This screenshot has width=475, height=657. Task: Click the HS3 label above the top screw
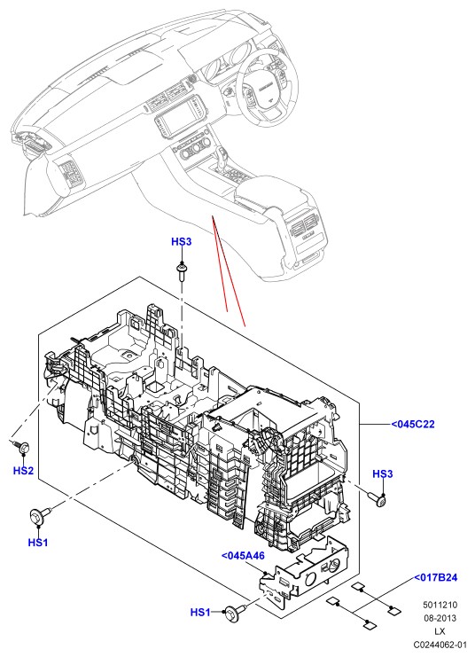[182, 242]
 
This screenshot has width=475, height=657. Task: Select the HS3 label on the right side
[383, 473]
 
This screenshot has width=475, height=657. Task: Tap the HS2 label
[23, 471]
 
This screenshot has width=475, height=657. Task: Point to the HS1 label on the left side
[38, 543]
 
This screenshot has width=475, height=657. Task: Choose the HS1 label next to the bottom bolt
[200, 613]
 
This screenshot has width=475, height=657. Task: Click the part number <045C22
[413, 425]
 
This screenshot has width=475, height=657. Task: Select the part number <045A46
[243, 556]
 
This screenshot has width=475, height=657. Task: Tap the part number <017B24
[436, 577]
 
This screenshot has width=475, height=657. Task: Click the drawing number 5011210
[440, 605]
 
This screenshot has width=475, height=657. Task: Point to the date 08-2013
[440, 618]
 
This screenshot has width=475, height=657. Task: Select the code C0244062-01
[440, 645]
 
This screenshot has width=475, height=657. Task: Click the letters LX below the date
[440, 631]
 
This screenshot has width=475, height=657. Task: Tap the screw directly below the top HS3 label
[182, 270]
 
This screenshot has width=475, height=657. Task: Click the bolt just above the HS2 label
[21, 446]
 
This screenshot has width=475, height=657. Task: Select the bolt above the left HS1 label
[40, 514]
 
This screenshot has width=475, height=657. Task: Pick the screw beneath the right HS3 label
[378, 499]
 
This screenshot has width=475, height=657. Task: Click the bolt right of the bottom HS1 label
[236, 612]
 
